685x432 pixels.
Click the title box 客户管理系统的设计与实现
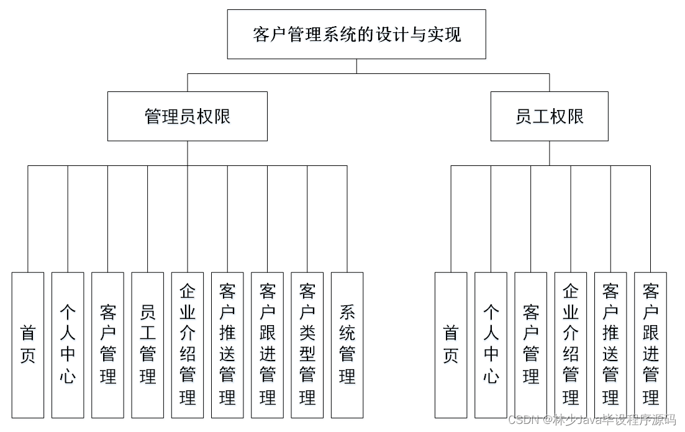pyautogui.click(x=356, y=34)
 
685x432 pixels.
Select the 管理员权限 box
pyautogui.click(x=188, y=116)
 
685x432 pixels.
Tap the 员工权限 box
pyautogui.click(x=549, y=116)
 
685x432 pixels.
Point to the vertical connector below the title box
pyautogui.click(x=356, y=67)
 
